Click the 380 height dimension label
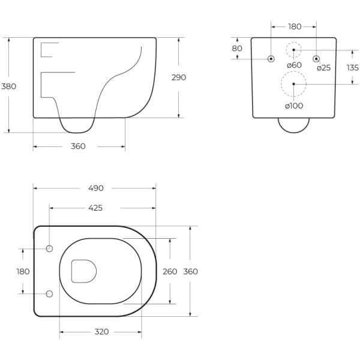tap(9, 86)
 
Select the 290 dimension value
tap(179, 77)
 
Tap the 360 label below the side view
tap(78, 146)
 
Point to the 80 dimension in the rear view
tap(237, 49)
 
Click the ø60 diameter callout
tap(295, 65)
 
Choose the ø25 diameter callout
tap(324, 68)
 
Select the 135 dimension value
tap(353, 68)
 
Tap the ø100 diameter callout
tap(294, 106)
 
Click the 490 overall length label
tap(96, 188)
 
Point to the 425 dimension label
tap(95, 208)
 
